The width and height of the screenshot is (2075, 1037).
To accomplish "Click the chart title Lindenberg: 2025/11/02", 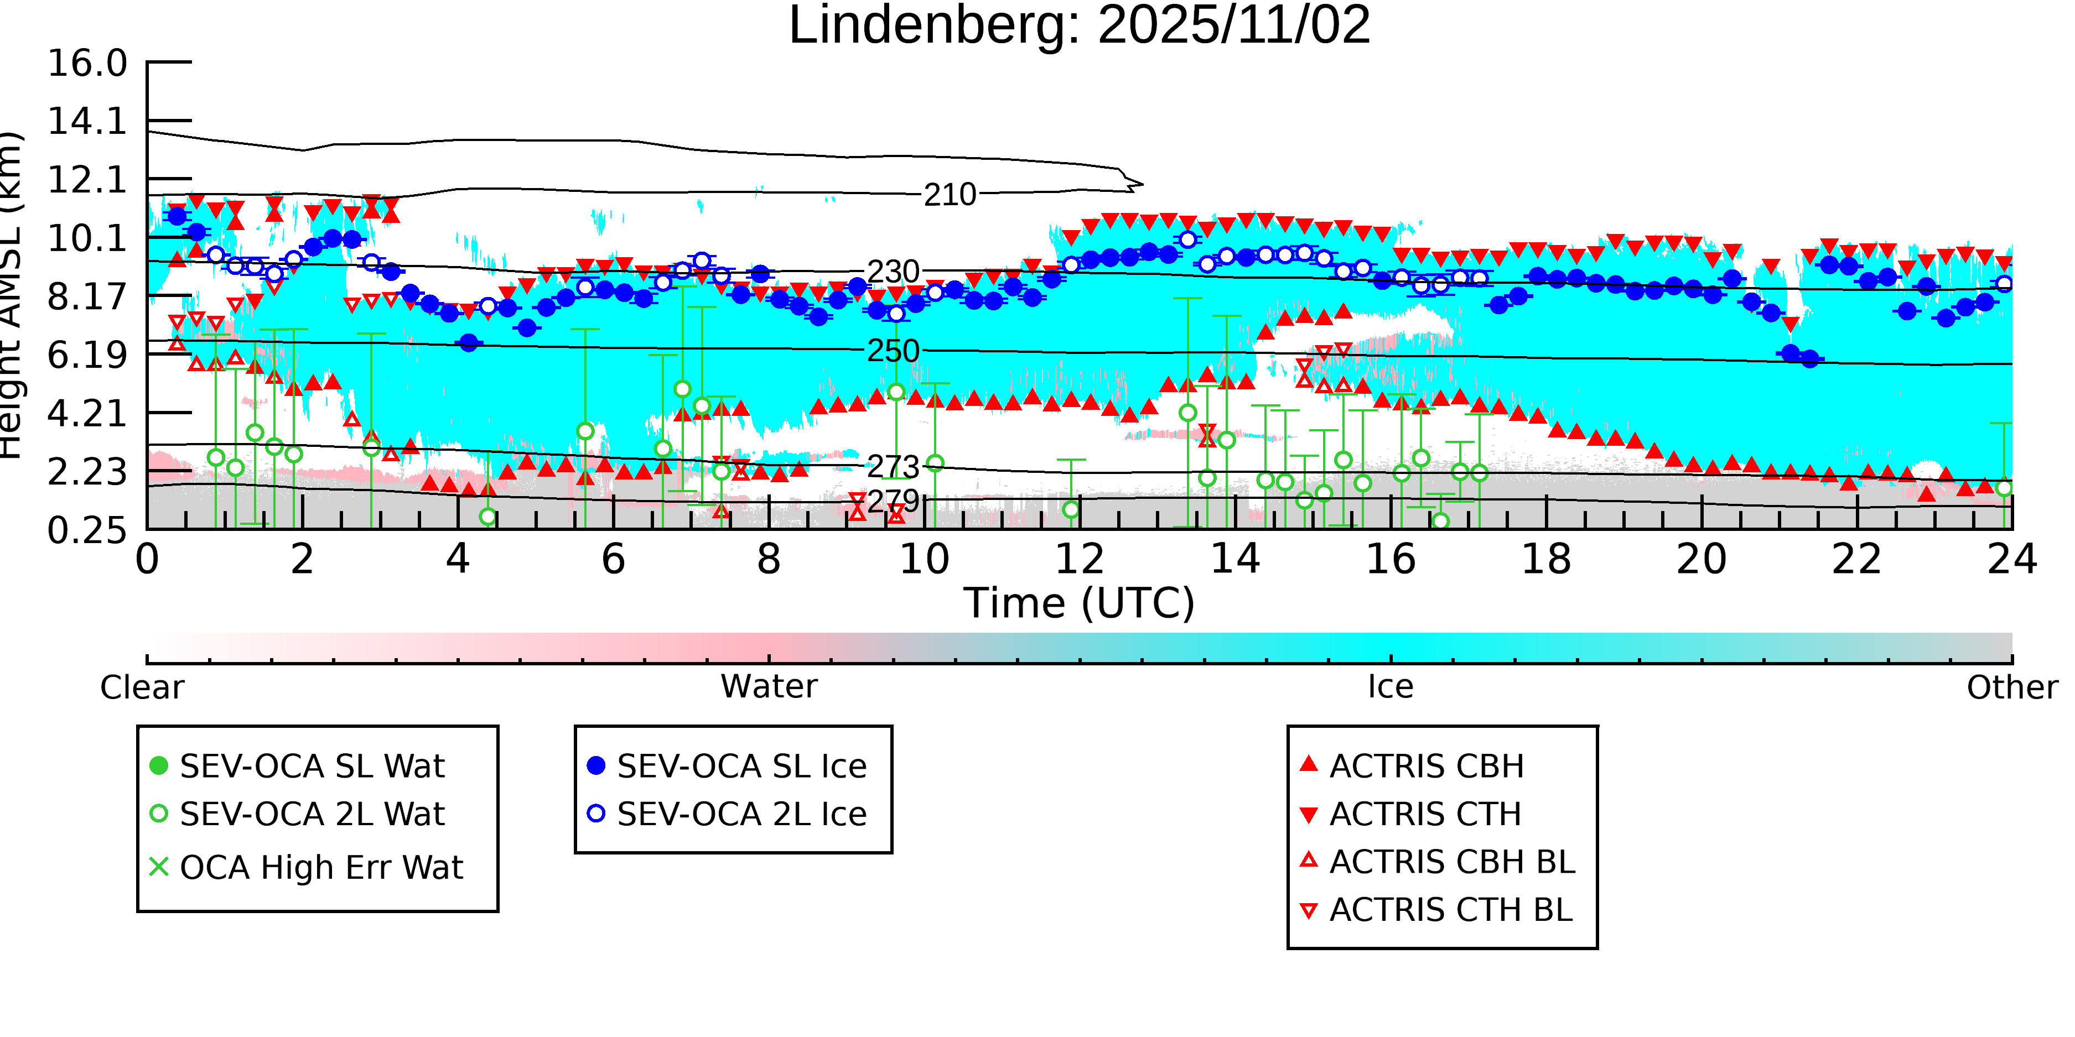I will (x=1078, y=26).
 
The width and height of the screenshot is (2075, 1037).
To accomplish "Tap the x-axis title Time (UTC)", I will (x=1078, y=603).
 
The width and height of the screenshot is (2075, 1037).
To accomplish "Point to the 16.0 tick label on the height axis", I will (x=87, y=64).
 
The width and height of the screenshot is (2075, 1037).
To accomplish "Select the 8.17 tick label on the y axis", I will (x=87, y=297).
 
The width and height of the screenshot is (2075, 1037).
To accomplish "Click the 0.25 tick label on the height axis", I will (x=87, y=530).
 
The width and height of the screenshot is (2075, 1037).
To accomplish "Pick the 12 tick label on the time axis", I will (x=1080, y=560).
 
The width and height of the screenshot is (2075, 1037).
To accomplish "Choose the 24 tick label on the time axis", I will (x=2011, y=560).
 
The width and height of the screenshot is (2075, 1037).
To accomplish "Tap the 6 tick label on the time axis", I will (x=613, y=560).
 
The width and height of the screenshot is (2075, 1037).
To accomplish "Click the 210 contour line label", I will (x=950, y=195).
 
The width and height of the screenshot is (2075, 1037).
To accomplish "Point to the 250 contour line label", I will (x=893, y=351).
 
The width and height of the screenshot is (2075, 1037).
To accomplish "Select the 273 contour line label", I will (x=893, y=467).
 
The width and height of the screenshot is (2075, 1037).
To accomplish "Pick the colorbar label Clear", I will (x=142, y=687).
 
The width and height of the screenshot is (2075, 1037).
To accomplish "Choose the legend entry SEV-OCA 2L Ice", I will (x=741, y=815).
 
